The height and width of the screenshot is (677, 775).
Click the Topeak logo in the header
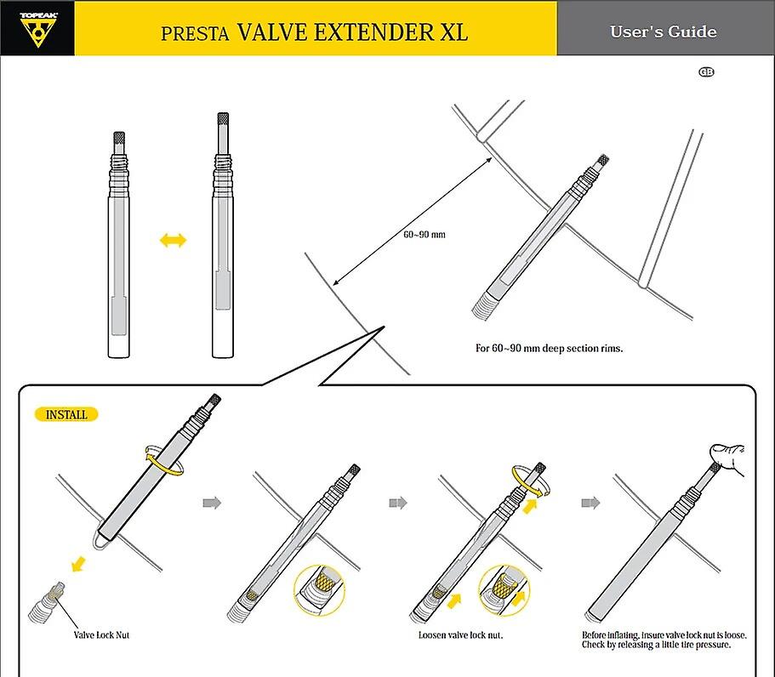click(x=38, y=30)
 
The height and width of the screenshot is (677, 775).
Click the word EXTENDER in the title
click(x=373, y=32)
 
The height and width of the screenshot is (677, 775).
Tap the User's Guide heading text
click(x=663, y=31)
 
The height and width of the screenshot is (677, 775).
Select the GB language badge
click(x=706, y=72)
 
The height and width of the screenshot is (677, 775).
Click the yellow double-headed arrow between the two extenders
click(x=173, y=241)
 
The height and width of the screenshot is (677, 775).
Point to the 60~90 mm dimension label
click(x=424, y=234)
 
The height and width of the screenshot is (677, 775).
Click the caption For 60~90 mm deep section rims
click(x=549, y=349)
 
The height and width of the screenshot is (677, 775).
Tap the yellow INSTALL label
click(x=66, y=414)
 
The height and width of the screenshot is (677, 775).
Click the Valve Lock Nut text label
click(x=101, y=635)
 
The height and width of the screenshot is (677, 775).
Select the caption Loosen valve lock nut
click(x=460, y=635)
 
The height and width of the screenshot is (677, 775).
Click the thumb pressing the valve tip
click(x=727, y=457)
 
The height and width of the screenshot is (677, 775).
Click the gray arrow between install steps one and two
click(x=212, y=503)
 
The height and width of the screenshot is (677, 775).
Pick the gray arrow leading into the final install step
click(x=590, y=503)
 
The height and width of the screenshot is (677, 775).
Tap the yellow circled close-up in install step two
click(x=319, y=590)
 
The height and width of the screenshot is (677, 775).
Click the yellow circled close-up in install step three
click(x=504, y=590)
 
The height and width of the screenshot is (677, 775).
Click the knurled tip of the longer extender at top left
click(x=223, y=118)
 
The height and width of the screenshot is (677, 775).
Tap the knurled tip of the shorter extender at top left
click(x=119, y=138)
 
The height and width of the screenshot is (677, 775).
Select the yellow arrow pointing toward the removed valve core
click(x=78, y=564)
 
